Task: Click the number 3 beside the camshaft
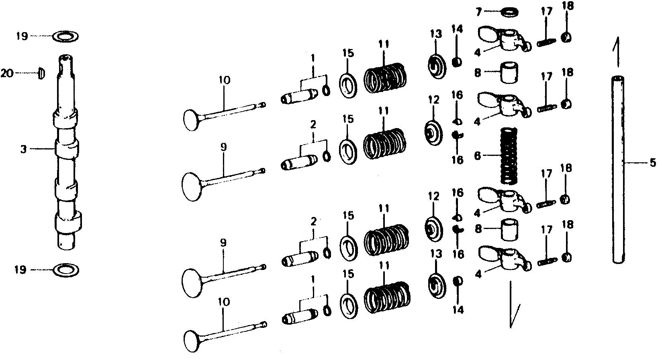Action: tap(23, 149)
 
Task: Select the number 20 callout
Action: tap(7, 73)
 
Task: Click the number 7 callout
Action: tap(479, 12)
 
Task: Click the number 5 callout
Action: tap(652, 163)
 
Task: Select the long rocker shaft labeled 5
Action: tap(618, 170)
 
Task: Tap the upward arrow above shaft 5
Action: tap(617, 52)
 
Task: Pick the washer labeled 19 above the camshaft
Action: tap(66, 37)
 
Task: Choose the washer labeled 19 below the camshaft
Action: tap(66, 270)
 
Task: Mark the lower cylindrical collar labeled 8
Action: tap(509, 230)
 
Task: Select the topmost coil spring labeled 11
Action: tap(384, 78)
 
